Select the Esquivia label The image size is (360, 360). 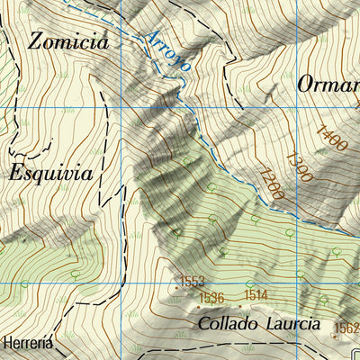tap(51, 173)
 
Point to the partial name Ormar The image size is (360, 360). tap(328, 83)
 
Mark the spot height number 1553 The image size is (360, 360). tap(193, 283)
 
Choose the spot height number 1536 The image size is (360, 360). tap(211, 297)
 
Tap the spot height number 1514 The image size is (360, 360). tap(256, 294)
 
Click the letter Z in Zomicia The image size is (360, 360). tap(37, 41)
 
